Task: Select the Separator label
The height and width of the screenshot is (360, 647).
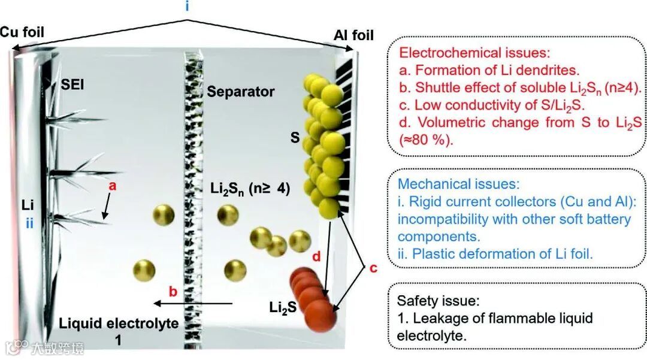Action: (241, 92)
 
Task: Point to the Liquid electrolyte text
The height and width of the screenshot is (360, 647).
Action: (119, 324)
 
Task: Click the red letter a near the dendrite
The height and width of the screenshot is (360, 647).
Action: (112, 186)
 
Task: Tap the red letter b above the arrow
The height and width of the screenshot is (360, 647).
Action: (173, 292)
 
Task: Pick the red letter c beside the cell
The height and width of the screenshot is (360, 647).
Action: (373, 268)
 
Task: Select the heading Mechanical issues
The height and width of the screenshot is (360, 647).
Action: (458, 184)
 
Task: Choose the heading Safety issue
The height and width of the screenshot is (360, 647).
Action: (437, 301)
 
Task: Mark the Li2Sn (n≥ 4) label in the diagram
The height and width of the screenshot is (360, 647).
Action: (250, 189)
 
